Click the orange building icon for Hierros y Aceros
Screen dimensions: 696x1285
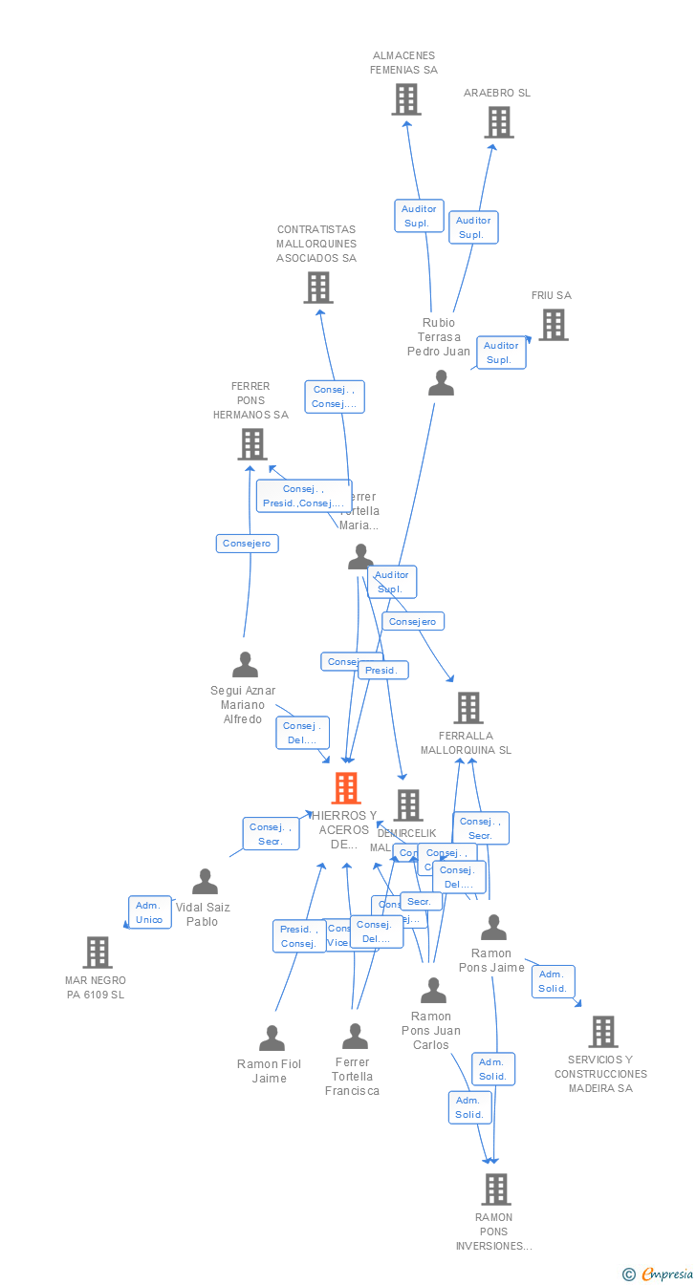[346, 788]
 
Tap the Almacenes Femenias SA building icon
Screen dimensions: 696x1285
[406, 99]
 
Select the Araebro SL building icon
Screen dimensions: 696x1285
[498, 122]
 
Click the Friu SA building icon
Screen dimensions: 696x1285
[553, 325]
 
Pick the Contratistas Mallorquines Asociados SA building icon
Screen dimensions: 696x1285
[318, 288]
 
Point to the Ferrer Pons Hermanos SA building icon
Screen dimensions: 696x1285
[251, 444]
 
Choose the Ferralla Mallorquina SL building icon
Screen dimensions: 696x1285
[468, 708]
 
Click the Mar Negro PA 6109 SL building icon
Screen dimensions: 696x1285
[98, 953]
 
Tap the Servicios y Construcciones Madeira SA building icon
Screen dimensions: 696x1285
[602, 1032]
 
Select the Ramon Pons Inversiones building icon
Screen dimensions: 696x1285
[495, 1189]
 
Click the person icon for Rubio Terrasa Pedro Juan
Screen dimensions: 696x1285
[441, 383]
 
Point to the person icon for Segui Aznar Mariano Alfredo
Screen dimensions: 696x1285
[245, 664]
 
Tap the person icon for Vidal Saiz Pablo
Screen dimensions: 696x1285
[205, 881]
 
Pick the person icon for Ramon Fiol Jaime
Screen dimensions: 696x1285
[272, 1038]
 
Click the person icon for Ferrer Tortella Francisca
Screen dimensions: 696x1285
[355, 1036]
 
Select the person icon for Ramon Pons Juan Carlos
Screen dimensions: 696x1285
[433, 991]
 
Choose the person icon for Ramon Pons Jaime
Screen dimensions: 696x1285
[493, 927]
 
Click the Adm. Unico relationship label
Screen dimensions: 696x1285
[150, 912]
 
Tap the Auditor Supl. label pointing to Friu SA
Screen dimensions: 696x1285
[501, 353]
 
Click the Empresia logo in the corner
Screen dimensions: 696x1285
[659, 1274]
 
